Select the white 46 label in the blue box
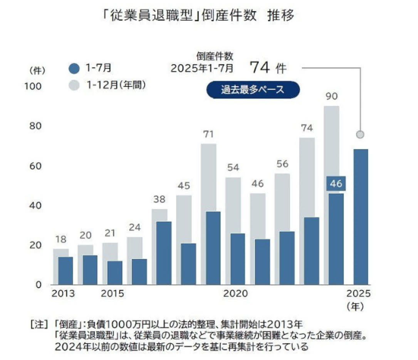tap(336, 184)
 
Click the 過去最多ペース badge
tap(253, 90)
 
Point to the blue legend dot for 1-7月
tap(76, 69)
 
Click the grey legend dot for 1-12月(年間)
tap(76, 85)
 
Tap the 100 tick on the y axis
tap(33, 86)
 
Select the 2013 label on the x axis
tap(63, 294)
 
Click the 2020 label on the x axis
tap(235, 294)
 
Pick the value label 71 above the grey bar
tap(208, 134)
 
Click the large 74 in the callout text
tap(259, 68)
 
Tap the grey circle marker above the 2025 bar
tap(360, 134)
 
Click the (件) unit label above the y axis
tap(37, 70)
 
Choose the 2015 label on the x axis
tap(113, 294)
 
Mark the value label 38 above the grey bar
tap(159, 199)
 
